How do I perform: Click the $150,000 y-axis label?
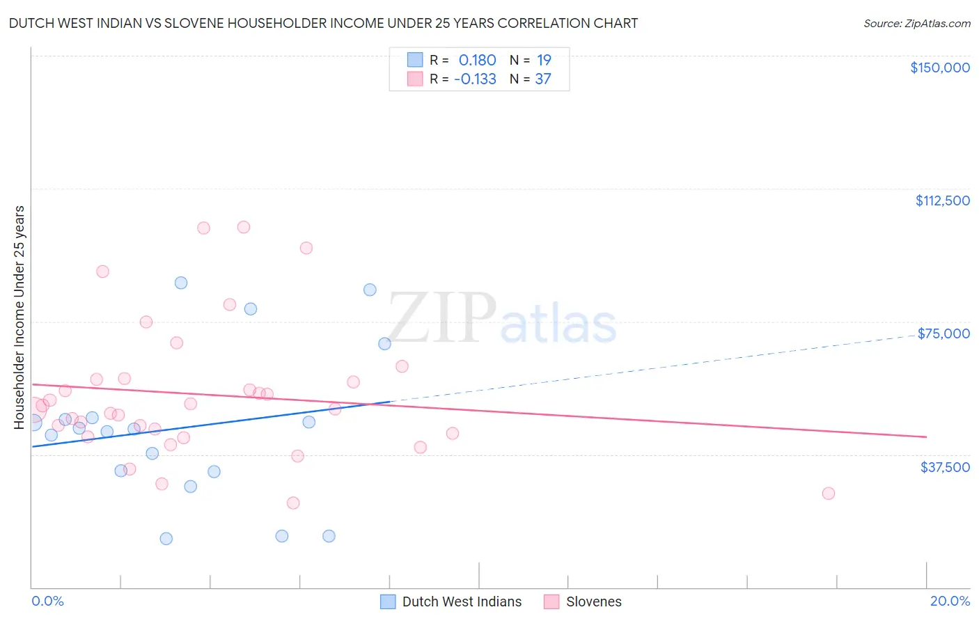point(939,68)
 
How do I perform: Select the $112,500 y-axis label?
point(942,201)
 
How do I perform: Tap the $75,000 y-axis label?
point(943,333)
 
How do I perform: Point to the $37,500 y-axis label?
point(945,467)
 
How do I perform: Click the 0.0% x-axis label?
point(47,601)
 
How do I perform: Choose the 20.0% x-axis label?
point(950,601)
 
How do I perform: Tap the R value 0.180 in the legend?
point(477,61)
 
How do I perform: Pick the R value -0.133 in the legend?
point(475,79)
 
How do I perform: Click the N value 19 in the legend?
point(544,61)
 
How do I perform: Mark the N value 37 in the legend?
point(543,79)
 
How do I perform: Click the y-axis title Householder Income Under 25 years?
point(19,317)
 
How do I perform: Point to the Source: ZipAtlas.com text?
point(916,24)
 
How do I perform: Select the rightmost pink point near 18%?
point(828,493)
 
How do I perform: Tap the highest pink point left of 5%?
point(243,227)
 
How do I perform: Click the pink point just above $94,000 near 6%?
point(306,248)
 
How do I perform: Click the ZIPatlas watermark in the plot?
point(501,319)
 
